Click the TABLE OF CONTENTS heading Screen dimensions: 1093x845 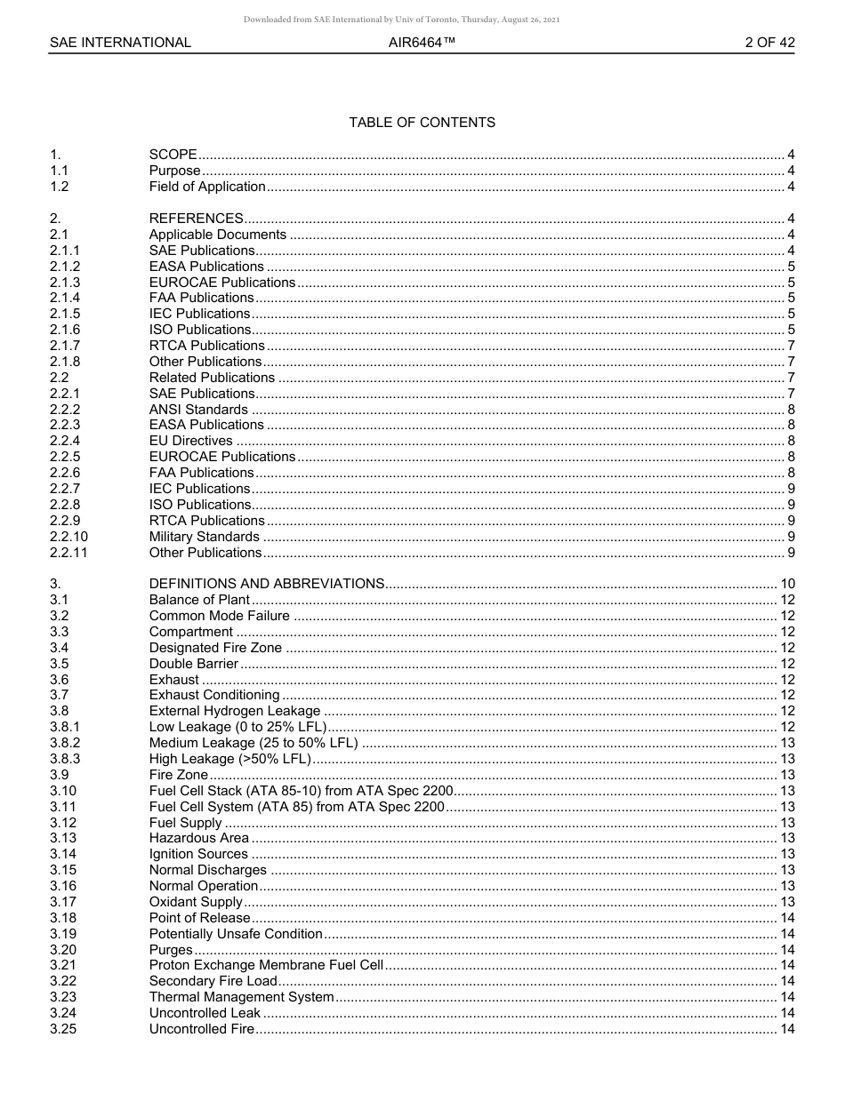click(x=422, y=123)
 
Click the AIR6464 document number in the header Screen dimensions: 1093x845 click(x=422, y=43)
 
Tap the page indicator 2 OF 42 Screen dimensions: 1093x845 click(x=769, y=43)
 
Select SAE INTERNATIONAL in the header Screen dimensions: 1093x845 click(x=120, y=43)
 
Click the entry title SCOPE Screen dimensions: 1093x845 click(x=173, y=155)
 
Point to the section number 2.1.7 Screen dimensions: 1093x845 click(x=65, y=346)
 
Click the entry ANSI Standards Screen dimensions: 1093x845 click(x=198, y=410)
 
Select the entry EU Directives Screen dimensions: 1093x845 click(x=190, y=441)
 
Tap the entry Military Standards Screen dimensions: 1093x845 click(x=204, y=537)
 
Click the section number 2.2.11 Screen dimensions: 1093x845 click(x=68, y=553)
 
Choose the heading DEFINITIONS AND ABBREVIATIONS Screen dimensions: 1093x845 click(x=266, y=584)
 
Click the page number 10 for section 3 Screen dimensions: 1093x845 click(x=786, y=584)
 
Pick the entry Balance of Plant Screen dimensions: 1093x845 click(x=199, y=600)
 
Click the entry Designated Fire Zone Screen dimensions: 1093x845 click(x=215, y=648)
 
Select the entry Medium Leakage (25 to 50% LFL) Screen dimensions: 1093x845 click(x=253, y=743)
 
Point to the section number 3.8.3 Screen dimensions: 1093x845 click(x=65, y=759)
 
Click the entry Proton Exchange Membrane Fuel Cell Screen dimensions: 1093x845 click(x=266, y=965)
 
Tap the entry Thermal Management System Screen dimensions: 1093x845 click(x=241, y=997)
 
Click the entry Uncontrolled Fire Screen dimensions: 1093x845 click(x=202, y=1029)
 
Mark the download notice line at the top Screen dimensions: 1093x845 click(x=401, y=20)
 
